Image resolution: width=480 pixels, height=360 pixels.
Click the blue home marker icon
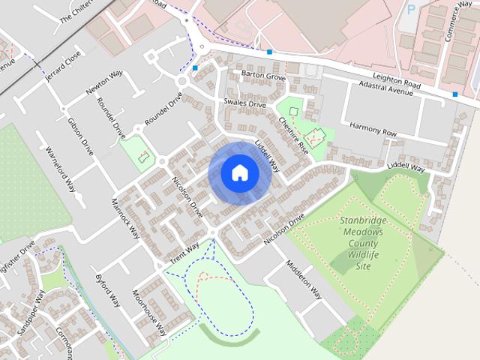click(239, 172)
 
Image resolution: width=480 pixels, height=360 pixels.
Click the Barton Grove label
click(264, 76)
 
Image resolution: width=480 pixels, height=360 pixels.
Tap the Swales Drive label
click(244, 103)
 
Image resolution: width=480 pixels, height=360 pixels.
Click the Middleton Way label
click(303, 280)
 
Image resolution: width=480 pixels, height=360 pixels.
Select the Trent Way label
click(184, 250)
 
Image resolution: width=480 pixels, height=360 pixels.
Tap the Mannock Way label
click(125, 217)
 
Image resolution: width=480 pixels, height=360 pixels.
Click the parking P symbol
click(410, 10)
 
